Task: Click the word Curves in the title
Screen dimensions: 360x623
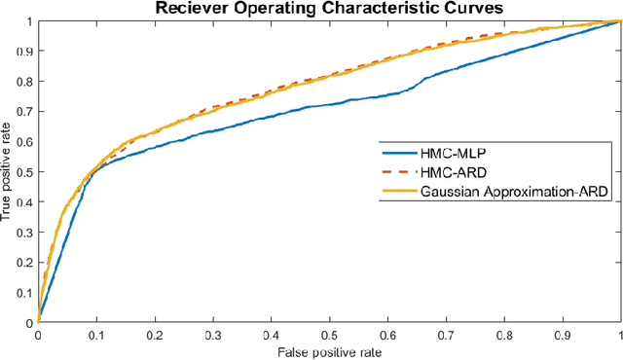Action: [x=445, y=9]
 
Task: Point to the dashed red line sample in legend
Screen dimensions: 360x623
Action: [x=397, y=174]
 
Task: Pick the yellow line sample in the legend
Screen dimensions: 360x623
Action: [x=397, y=194]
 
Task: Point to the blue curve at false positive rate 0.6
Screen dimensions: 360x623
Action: [x=387, y=94]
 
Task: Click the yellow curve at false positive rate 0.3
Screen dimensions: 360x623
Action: [x=212, y=106]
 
